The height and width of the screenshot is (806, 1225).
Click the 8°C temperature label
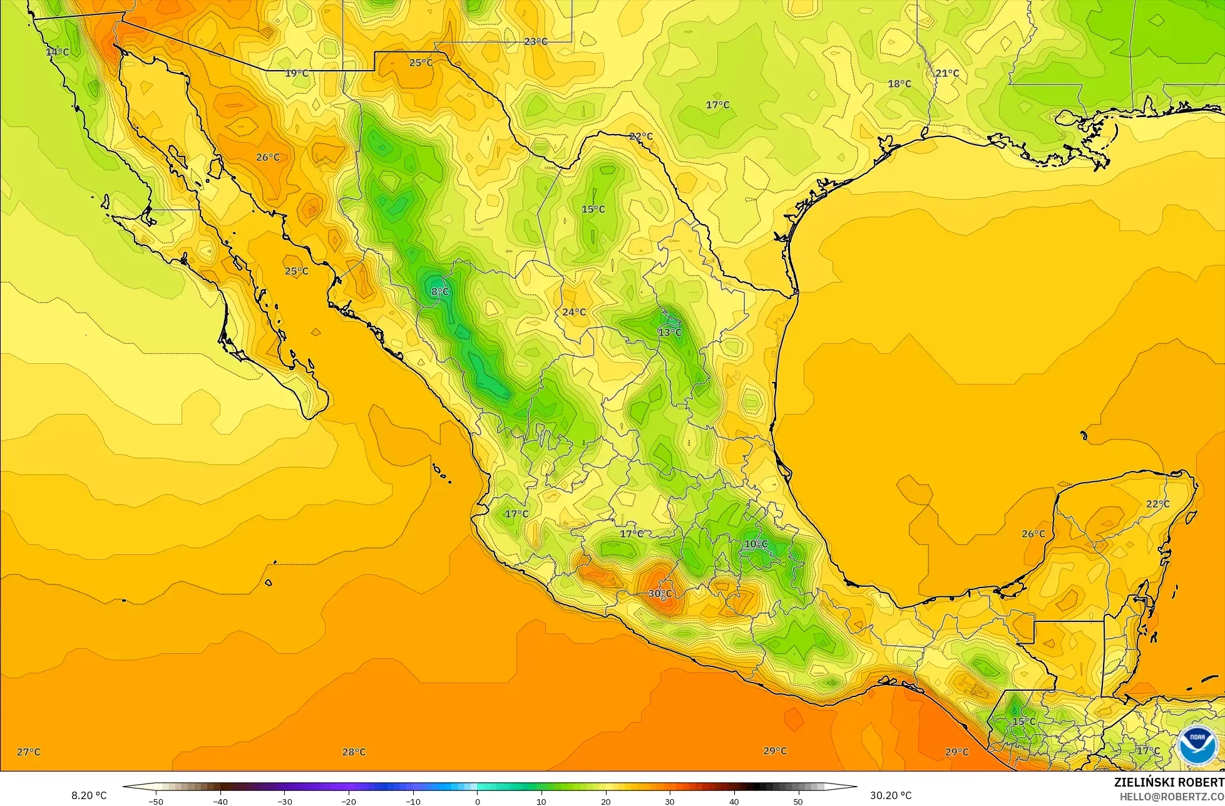440,292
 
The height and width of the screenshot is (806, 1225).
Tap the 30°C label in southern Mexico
660,594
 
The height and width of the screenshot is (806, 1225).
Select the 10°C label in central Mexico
756,544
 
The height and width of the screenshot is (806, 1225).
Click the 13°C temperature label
669,332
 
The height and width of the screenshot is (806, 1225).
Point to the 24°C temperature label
573,312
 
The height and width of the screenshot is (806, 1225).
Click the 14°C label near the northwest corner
57,52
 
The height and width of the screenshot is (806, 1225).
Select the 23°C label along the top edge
535,41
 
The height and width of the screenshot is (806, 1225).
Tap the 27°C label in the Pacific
28,752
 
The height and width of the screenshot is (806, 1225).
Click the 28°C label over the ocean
354,752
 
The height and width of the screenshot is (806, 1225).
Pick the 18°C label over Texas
900,84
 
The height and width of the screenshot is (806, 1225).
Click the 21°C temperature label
947,73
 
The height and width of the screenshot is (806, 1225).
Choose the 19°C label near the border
296,73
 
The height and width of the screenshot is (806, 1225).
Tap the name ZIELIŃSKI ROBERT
1169,782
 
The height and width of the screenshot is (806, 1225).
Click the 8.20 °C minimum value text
89,795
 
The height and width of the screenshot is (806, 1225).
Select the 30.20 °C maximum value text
891,795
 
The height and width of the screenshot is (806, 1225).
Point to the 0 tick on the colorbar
477,802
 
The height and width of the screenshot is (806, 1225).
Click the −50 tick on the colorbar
155,802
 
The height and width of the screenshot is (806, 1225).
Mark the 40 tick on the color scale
734,802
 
